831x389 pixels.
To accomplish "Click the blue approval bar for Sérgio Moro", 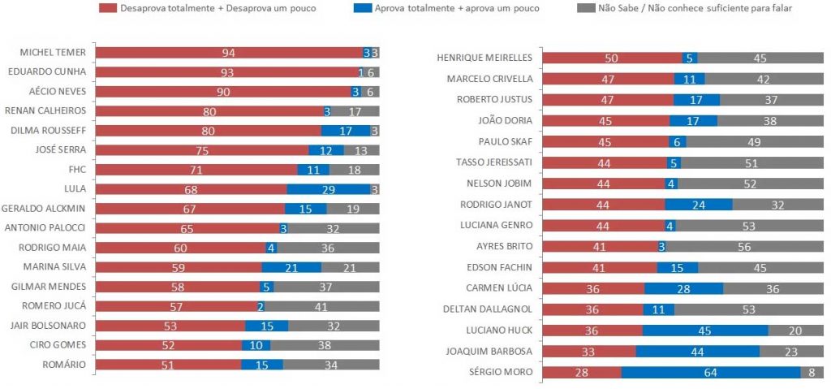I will coord(711,372).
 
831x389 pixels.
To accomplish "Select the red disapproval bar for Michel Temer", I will coord(229,53).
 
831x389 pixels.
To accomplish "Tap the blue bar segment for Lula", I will coord(329,189).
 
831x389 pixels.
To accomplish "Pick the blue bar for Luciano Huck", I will coord(705,330).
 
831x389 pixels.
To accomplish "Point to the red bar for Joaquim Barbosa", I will coord(589,351).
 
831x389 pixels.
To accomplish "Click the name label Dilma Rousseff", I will coord(50,130).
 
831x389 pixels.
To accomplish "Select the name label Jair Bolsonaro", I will coord(50,326).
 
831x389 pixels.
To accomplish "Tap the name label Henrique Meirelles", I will coord(484,58).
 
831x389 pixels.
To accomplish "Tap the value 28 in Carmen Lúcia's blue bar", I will coord(684,288).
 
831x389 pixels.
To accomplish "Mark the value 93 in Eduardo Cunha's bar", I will coord(228,72).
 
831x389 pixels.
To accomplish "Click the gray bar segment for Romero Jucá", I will coord(322,306).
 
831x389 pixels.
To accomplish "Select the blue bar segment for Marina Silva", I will coord(291,267).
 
